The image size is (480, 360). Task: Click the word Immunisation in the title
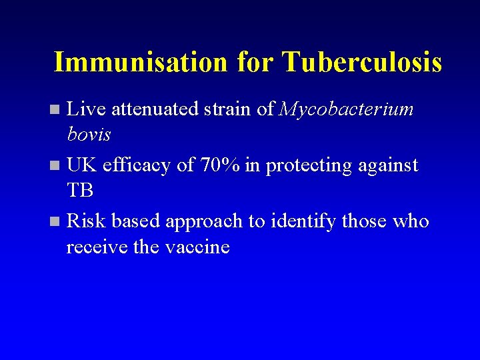click(140, 62)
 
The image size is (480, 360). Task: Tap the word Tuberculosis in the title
click(361, 62)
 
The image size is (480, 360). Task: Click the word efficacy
click(137, 165)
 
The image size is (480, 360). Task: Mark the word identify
click(303, 221)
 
